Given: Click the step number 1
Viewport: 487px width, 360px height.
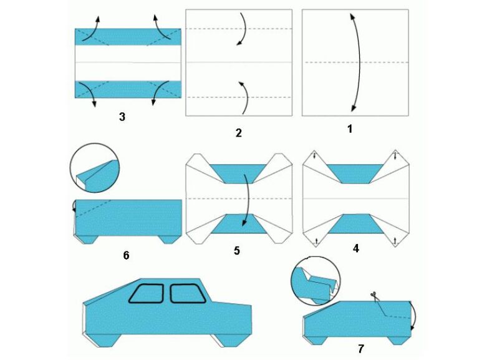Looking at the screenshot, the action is tap(350, 129).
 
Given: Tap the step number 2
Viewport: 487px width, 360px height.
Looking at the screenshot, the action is tap(239, 133).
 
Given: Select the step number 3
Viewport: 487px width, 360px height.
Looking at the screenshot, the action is tap(122, 117).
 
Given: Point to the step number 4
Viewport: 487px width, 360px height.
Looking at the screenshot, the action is tap(356, 248).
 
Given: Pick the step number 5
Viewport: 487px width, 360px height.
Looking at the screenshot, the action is tap(237, 251).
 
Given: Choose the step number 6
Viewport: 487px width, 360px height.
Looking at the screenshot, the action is tap(126, 255).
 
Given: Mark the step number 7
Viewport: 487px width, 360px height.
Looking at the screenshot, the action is tap(360, 349).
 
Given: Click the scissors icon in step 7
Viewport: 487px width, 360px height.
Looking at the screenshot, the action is tap(373, 295).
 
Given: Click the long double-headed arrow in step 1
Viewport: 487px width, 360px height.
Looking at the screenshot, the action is tap(359, 62).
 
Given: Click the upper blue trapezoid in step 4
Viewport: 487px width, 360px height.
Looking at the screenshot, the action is tap(356, 174).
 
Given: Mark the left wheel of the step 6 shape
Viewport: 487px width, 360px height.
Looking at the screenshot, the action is tap(87, 240).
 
